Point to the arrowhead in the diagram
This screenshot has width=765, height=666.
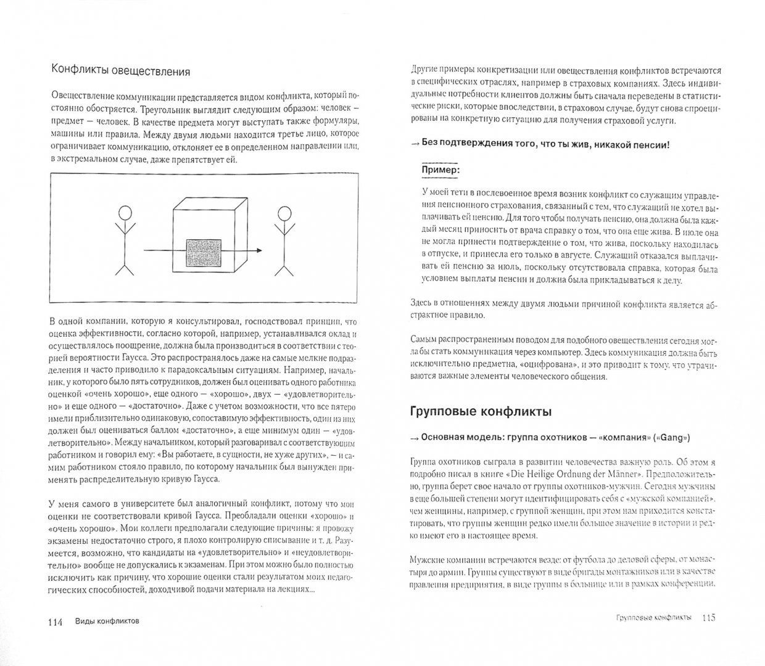click(259, 250)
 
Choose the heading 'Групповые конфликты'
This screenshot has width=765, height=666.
click(481, 411)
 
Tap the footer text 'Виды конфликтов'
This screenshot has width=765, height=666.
click(102, 622)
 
